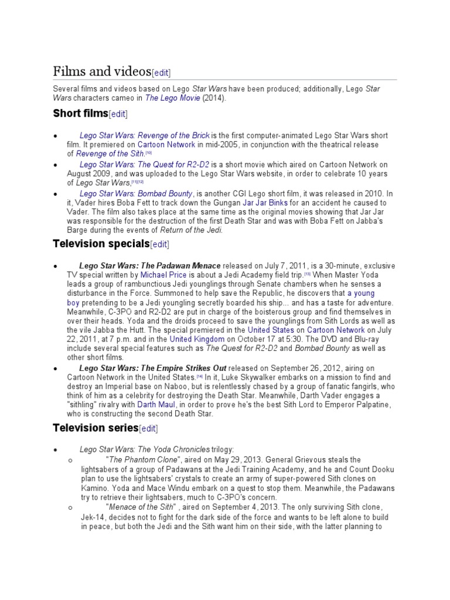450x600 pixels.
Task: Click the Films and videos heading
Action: tap(101, 71)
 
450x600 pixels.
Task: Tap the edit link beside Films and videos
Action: tap(161, 73)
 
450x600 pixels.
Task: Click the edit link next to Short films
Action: tap(118, 114)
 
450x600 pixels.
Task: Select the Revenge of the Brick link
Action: tap(145, 135)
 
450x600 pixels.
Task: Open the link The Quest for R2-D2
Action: tap(144, 165)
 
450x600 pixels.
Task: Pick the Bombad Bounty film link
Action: tap(136, 193)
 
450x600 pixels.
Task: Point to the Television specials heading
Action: tap(101, 243)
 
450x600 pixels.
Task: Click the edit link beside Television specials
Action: tap(160, 244)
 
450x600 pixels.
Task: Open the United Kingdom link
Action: tap(197, 339)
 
